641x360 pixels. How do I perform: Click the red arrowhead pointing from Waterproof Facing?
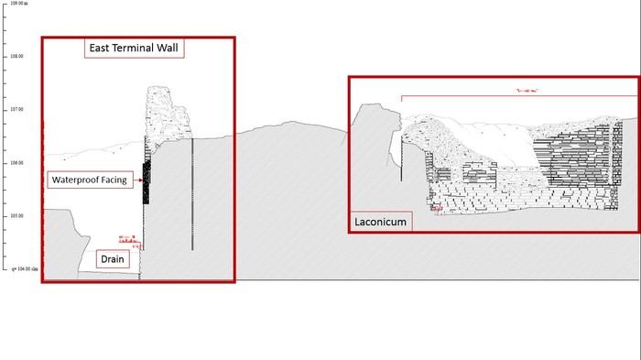click(x=138, y=180)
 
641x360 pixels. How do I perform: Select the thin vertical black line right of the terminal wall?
click(x=192, y=192)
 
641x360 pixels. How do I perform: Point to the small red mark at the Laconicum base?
click(x=436, y=210)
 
